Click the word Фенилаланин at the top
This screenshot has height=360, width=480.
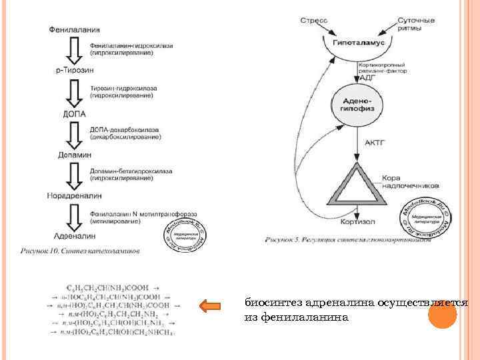[x=75, y=29]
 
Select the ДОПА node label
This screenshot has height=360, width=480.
[x=73, y=113]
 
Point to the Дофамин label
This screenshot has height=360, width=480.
[x=73, y=154]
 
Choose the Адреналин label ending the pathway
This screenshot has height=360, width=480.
[x=73, y=235]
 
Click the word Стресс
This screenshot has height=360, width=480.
[x=313, y=21]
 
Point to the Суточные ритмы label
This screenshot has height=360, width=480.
[x=417, y=25]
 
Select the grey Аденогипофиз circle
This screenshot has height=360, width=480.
[x=359, y=104]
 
